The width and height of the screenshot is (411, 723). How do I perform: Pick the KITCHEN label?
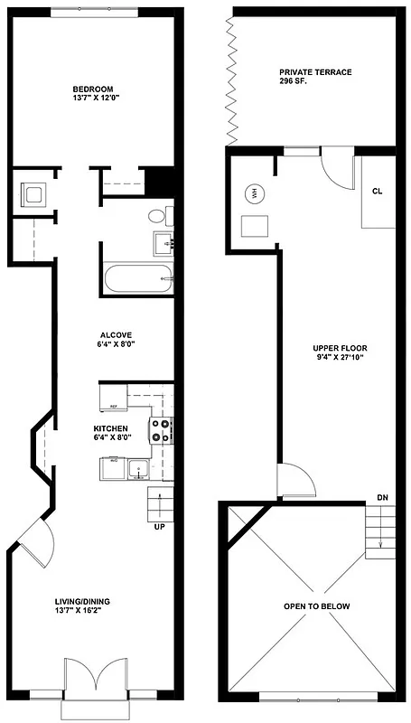[110, 429]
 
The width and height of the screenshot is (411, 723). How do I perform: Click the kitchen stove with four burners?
[161, 429]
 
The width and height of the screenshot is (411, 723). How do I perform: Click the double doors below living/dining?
[89, 678]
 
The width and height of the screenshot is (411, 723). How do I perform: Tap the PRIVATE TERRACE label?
[315, 71]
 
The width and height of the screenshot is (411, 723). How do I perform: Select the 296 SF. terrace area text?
[294, 81]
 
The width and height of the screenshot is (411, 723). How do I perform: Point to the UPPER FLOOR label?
[341, 348]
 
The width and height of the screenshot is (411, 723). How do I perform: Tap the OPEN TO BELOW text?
[316, 606]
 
